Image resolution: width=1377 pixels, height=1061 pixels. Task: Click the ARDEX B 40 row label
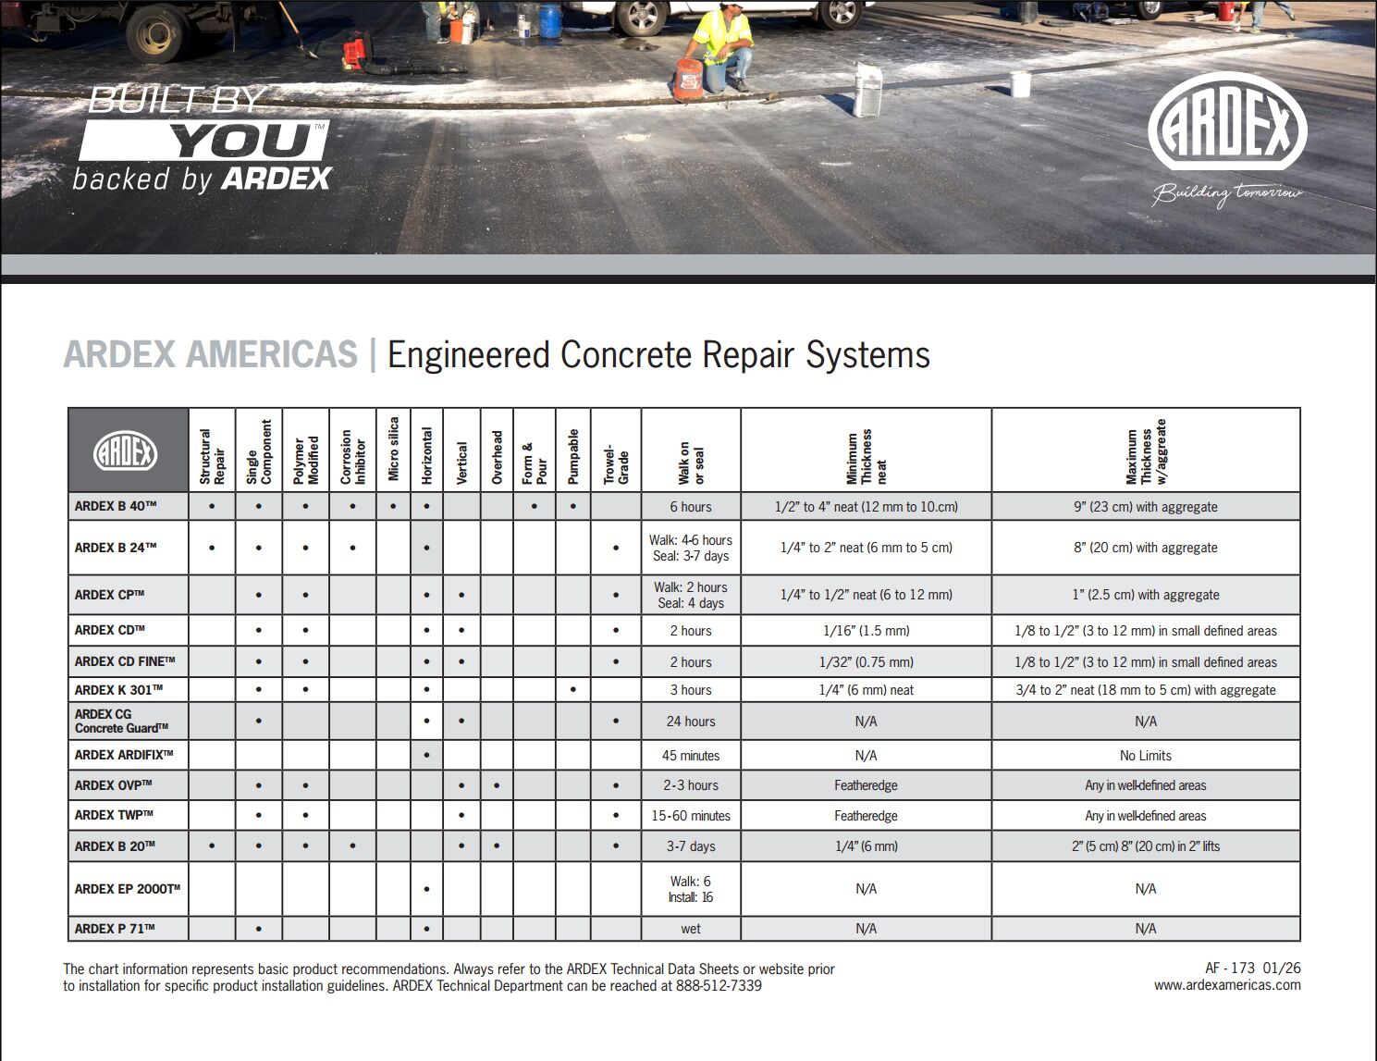(116, 507)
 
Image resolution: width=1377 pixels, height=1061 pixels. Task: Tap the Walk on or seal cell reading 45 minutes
(690, 756)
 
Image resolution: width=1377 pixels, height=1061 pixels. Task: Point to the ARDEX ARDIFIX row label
(124, 755)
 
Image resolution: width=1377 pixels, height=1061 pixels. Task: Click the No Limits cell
(1145, 756)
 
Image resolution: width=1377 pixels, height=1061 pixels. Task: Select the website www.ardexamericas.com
(1226, 985)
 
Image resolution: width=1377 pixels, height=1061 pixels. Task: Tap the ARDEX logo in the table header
(126, 452)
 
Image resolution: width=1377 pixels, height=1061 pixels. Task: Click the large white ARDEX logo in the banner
(1226, 130)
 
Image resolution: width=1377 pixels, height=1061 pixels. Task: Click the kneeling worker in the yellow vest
(719, 46)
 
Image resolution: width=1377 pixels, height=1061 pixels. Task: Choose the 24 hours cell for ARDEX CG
(690, 722)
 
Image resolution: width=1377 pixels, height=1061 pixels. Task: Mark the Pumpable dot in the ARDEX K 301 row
(573, 690)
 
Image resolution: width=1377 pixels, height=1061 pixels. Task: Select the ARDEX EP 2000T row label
(127, 889)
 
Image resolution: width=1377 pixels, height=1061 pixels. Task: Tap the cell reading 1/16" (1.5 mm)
(866, 631)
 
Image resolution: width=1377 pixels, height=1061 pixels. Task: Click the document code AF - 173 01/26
(1252, 968)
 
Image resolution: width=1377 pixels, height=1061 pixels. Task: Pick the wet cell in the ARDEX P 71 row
(690, 929)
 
